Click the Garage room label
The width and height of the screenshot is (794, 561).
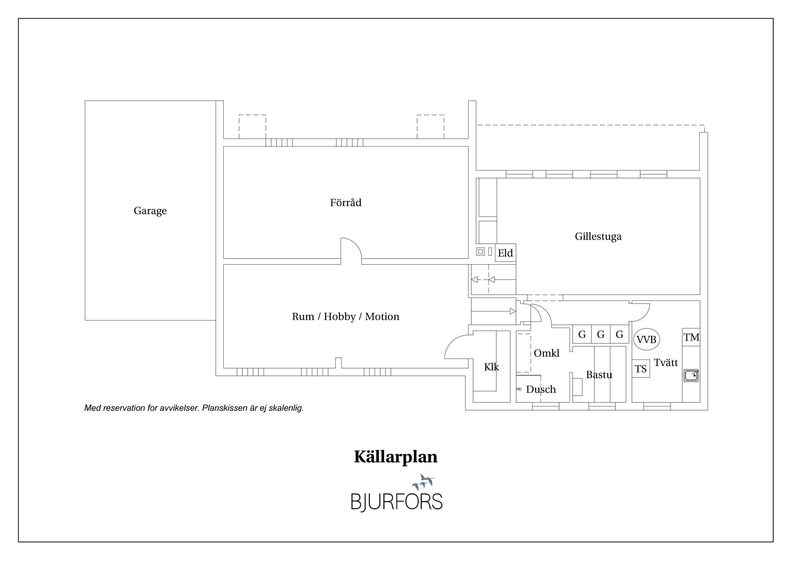pos(150,211)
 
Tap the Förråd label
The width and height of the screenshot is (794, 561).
pos(346,202)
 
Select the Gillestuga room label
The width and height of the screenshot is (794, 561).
pos(598,236)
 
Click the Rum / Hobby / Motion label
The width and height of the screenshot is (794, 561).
pos(345,316)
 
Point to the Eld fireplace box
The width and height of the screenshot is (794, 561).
pos(505,253)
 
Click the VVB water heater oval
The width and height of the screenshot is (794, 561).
pos(646,340)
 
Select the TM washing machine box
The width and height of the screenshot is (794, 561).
pos(691,337)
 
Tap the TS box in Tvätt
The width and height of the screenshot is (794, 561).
pos(641,368)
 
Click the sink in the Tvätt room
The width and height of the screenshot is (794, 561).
pos(691,375)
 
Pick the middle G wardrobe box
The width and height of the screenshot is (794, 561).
pos(600,334)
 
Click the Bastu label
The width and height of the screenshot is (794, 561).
pos(599,375)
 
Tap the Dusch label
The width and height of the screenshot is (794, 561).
pos(541,389)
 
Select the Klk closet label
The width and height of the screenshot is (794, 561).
pos(491,367)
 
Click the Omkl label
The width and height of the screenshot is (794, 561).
pos(546,353)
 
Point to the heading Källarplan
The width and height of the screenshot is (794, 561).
pos(396,457)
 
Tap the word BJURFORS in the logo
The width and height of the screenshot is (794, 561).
pos(397,502)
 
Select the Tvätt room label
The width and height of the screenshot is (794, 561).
pos(666,363)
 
